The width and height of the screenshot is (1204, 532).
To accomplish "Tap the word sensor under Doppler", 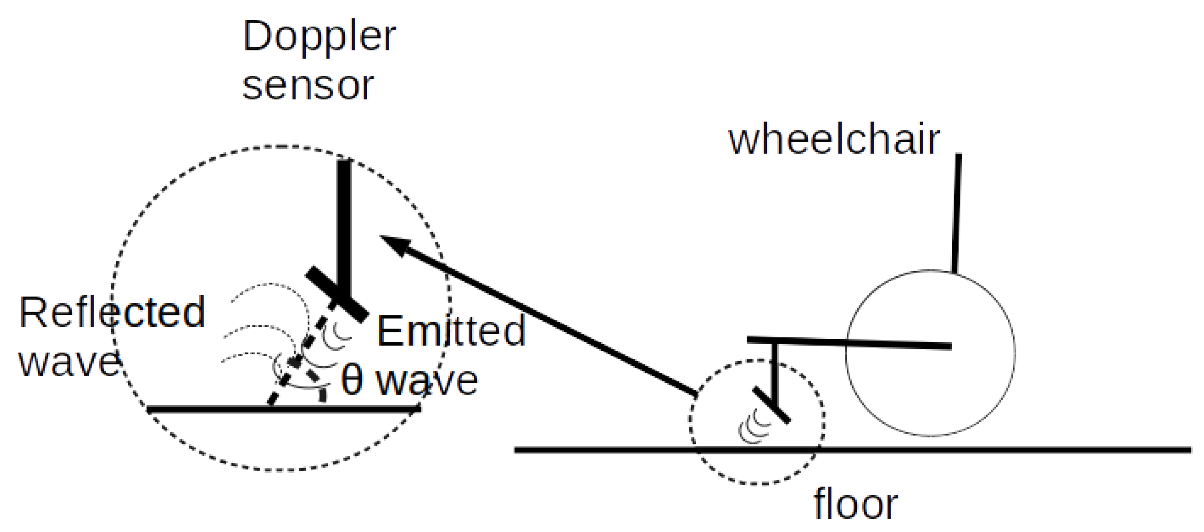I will (x=308, y=86).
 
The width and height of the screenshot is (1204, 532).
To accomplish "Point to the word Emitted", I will (x=451, y=331).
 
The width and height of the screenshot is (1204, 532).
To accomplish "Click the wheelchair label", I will (x=834, y=140).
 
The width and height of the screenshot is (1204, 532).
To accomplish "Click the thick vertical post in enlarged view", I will (x=344, y=226).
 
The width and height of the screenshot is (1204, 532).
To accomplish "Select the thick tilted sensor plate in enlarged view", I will (x=336, y=294).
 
